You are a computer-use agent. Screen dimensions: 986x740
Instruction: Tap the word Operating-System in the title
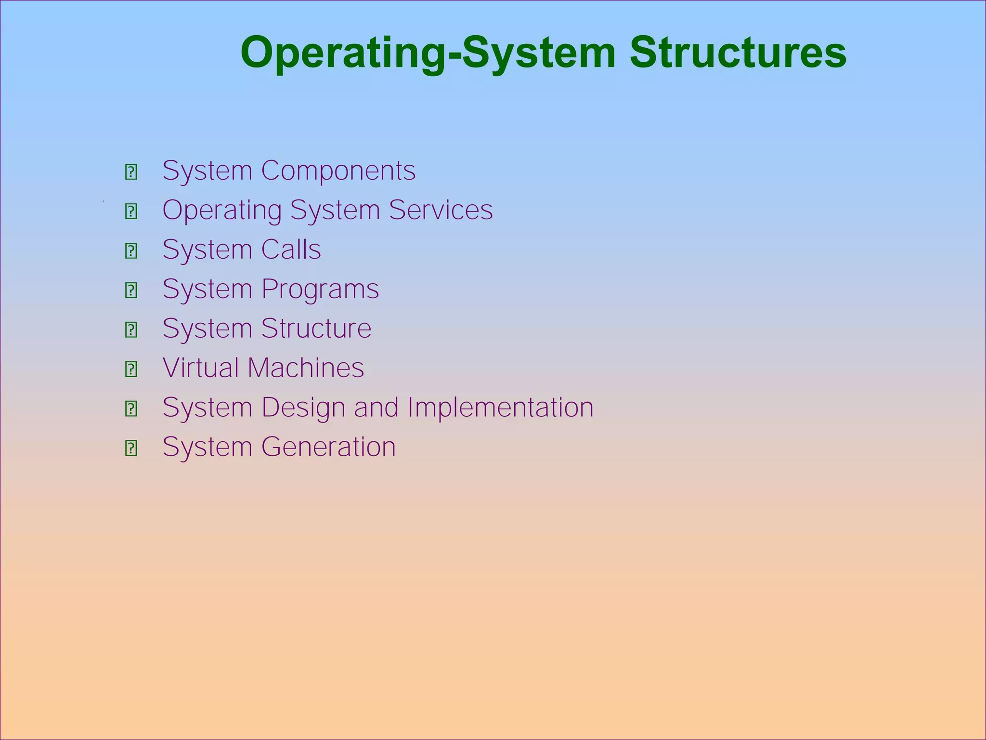pyautogui.click(x=428, y=53)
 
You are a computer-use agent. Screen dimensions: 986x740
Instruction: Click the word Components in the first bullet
pyautogui.click(x=338, y=171)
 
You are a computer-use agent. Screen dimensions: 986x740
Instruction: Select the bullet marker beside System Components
pyautogui.click(x=131, y=172)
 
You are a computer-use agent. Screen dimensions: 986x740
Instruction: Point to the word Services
pyautogui.click(x=441, y=210)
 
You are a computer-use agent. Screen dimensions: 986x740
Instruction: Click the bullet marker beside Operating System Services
pyautogui.click(x=131, y=211)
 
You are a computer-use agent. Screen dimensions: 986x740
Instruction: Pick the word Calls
pyautogui.click(x=291, y=250)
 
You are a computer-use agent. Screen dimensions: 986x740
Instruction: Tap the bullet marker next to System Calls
pyautogui.click(x=131, y=251)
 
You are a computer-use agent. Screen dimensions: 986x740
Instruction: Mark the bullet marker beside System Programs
pyautogui.click(x=131, y=291)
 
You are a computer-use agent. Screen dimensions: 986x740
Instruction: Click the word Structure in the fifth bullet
pyautogui.click(x=316, y=329)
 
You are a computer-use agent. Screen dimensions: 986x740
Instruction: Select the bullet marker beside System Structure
pyautogui.click(x=131, y=330)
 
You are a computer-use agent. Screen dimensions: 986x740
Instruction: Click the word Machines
pyautogui.click(x=306, y=368)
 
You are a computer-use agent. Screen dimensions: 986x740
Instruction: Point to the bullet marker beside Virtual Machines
pyautogui.click(x=131, y=370)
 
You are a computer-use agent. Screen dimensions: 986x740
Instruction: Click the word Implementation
pyautogui.click(x=500, y=408)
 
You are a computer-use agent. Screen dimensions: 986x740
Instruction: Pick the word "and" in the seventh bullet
pyautogui.click(x=376, y=408)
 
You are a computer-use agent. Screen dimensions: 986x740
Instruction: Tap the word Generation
pyautogui.click(x=328, y=447)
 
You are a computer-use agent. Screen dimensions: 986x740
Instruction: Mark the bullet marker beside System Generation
pyautogui.click(x=131, y=449)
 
